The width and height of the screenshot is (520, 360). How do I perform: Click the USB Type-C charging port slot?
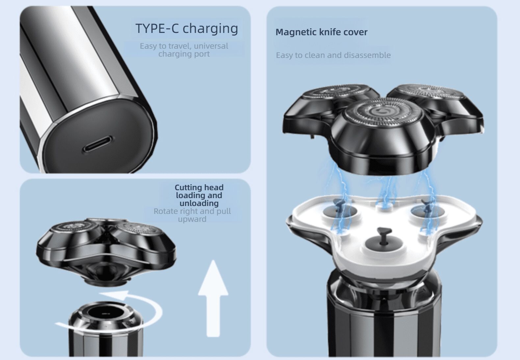pos(97,144)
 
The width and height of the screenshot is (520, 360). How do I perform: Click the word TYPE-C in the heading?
pos(157,28)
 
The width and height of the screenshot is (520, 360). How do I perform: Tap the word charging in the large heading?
pos(210,29)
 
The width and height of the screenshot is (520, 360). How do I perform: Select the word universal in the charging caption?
pos(211,46)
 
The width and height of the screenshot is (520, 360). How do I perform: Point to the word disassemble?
pos(367,55)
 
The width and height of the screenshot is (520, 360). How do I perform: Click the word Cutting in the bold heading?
pos(188,188)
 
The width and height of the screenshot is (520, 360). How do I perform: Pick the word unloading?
pos(199,203)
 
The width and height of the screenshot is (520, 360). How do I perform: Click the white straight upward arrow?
pos(213,298)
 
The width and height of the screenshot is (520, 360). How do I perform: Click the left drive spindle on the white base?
pos(339,206)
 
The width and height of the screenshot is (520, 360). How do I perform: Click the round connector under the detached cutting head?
pos(106,282)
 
